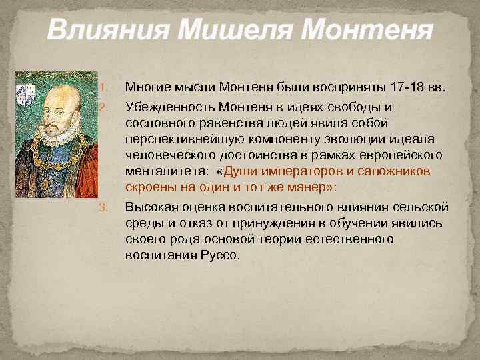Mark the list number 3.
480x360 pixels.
tap(102, 207)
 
